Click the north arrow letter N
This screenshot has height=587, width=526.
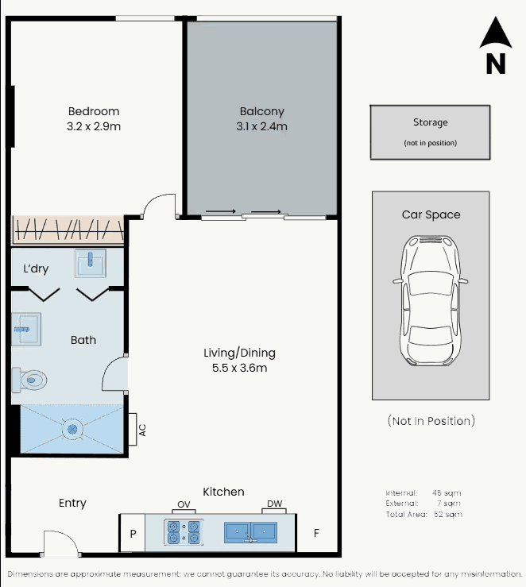[x=496, y=64]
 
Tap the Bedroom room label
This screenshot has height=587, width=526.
[x=94, y=111]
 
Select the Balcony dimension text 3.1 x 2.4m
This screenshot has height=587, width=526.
[x=261, y=126]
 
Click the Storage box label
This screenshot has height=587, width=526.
[x=430, y=122]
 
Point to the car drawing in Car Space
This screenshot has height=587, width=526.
[x=431, y=300]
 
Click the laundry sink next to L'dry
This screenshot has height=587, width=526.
[x=91, y=263]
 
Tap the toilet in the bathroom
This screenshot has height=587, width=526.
[x=29, y=380]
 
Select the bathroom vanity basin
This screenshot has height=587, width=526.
[x=26, y=329]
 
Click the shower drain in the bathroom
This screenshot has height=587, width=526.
[x=72, y=429]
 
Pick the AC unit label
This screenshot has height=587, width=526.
[x=142, y=430]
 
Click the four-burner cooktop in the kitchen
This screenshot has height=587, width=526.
[x=184, y=532]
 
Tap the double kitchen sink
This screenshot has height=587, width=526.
[x=250, y=532]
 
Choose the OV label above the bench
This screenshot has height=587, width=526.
[x=184, y=504]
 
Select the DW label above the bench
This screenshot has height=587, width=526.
[x=274, y=504]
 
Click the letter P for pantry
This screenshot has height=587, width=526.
[x=133, y=534]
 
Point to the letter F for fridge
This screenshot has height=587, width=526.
[x=316, y=533]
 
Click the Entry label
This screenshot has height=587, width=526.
[x=72, y=503]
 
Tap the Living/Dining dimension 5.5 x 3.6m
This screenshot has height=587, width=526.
[x=240, y=368]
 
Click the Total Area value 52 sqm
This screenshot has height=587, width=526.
[x=448, y=514]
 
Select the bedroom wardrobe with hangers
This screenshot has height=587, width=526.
[x=68, y=230]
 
